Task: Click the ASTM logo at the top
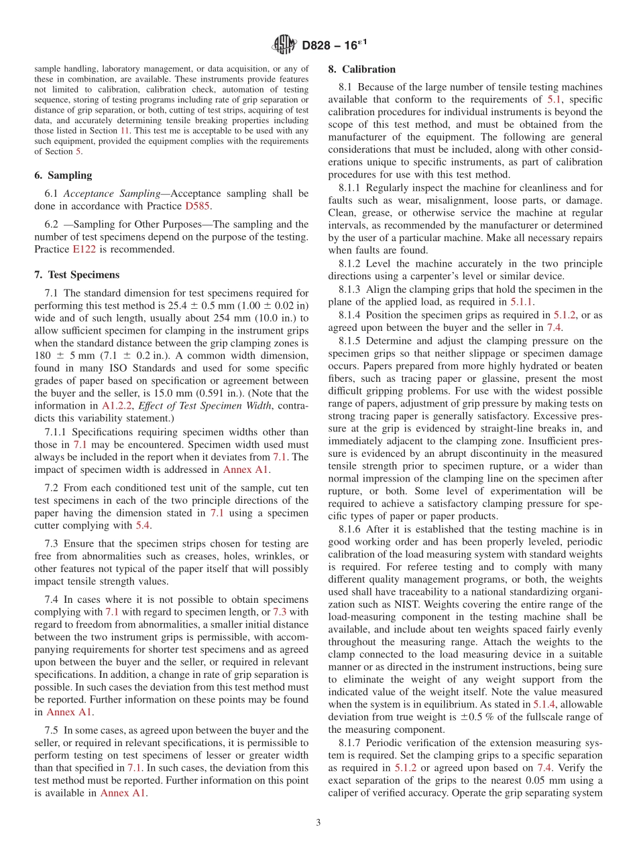[x=284, y=45]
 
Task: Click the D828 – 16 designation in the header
[x=333, y=46]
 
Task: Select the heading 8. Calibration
[x=361, y=69]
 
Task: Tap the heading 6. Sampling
[x=63, y=175]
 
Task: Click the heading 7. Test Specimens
[x=76, y=275]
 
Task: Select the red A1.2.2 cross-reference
[x=116, y=405]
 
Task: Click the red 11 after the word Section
[x=125, y=131]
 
